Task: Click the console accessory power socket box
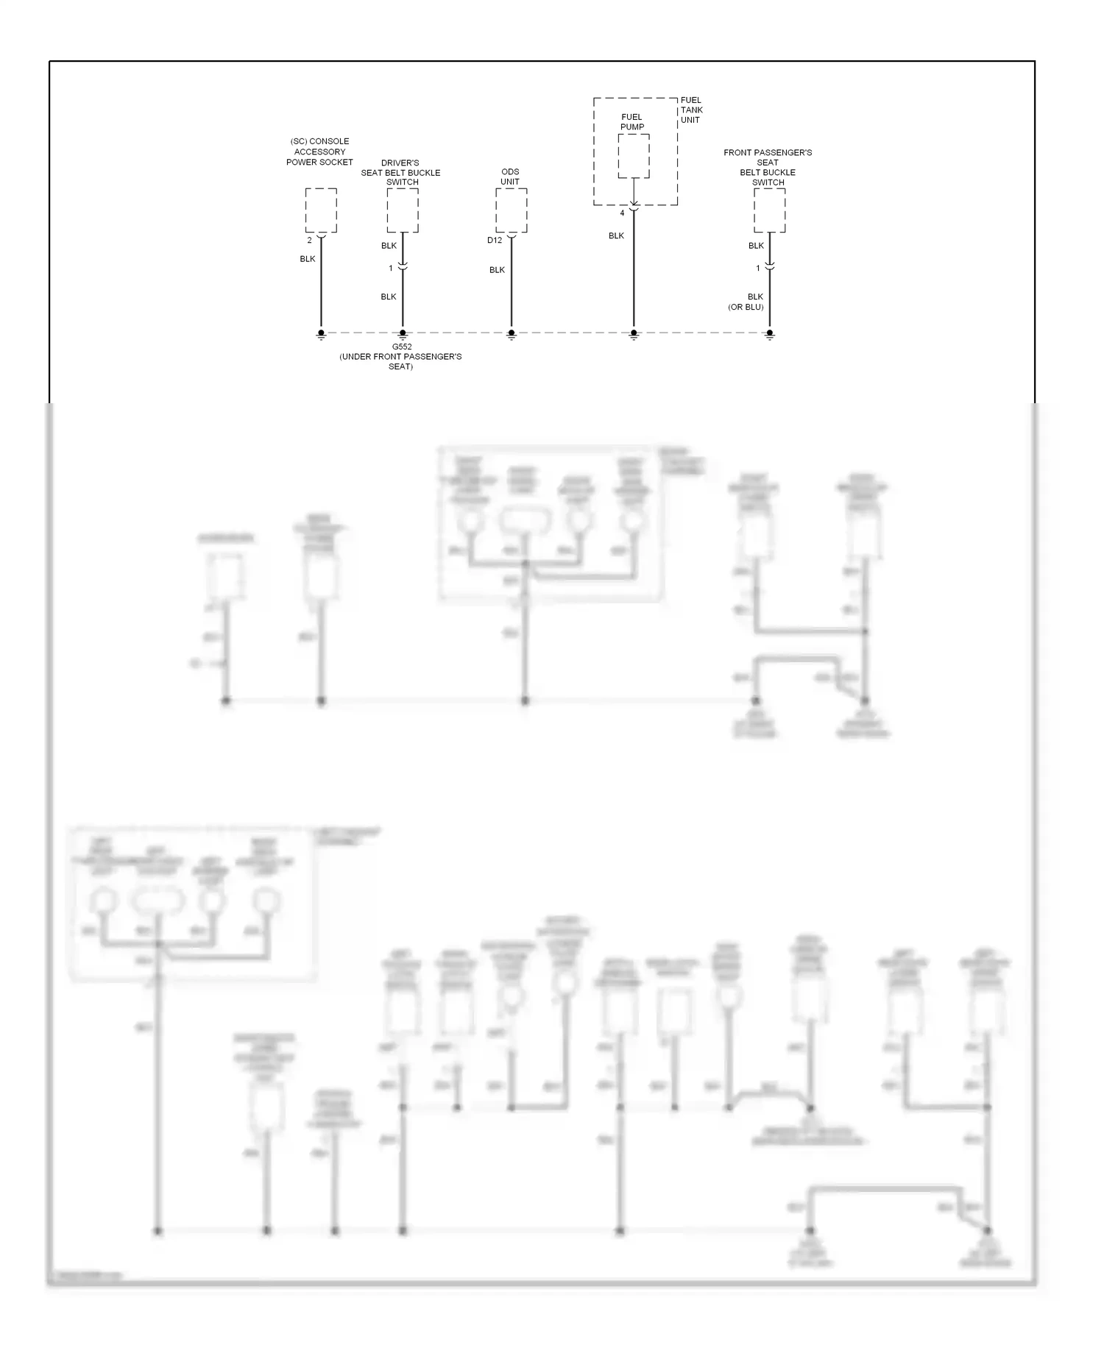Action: (321, 210)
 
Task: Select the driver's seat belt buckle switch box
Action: (403, 210)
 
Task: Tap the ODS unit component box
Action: (511, 210)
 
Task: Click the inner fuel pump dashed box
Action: (633, 156)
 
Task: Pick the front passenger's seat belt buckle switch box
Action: (769, 210)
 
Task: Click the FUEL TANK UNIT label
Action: (691, 110)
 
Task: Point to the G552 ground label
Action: (402, 347)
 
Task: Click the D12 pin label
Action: (495, 241)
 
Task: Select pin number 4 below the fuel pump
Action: (622, 213)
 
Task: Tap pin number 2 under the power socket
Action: (309, 241)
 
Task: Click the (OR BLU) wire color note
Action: (746, 307)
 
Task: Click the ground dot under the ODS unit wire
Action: (512, 333)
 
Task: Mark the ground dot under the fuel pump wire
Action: (634, 333)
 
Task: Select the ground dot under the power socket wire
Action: (321, 333)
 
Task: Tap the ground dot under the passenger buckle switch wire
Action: (770, 333)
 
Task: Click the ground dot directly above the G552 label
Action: (403, 333)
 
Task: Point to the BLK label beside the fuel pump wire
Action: (616, 235)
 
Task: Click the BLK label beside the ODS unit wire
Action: (498, 270)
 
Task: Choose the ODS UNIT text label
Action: (510, 177)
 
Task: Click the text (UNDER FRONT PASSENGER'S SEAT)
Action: (401, 361)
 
